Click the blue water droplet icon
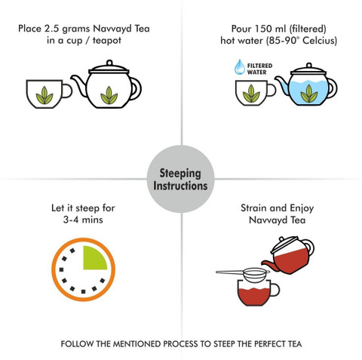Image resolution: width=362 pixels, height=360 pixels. tap(240, 67)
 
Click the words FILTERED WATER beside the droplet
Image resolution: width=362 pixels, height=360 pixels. tap(259, 69)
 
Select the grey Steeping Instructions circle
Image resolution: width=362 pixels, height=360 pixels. tap(180, 179)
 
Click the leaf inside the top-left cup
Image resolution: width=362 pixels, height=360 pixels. tap(44, 96)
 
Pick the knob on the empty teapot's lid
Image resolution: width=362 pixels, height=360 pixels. tap(109, 63)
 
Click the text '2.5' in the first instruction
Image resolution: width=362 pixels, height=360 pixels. tap(52, 29)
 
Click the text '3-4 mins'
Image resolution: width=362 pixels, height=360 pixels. tap(83, 220)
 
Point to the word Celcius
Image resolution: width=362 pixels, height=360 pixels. tap(319, 41)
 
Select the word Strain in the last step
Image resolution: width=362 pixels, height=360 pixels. tap(254, 208)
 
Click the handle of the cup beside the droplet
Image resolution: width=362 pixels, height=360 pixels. tap(272, 90)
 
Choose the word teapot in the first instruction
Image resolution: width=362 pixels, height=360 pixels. tap(107, 41)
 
